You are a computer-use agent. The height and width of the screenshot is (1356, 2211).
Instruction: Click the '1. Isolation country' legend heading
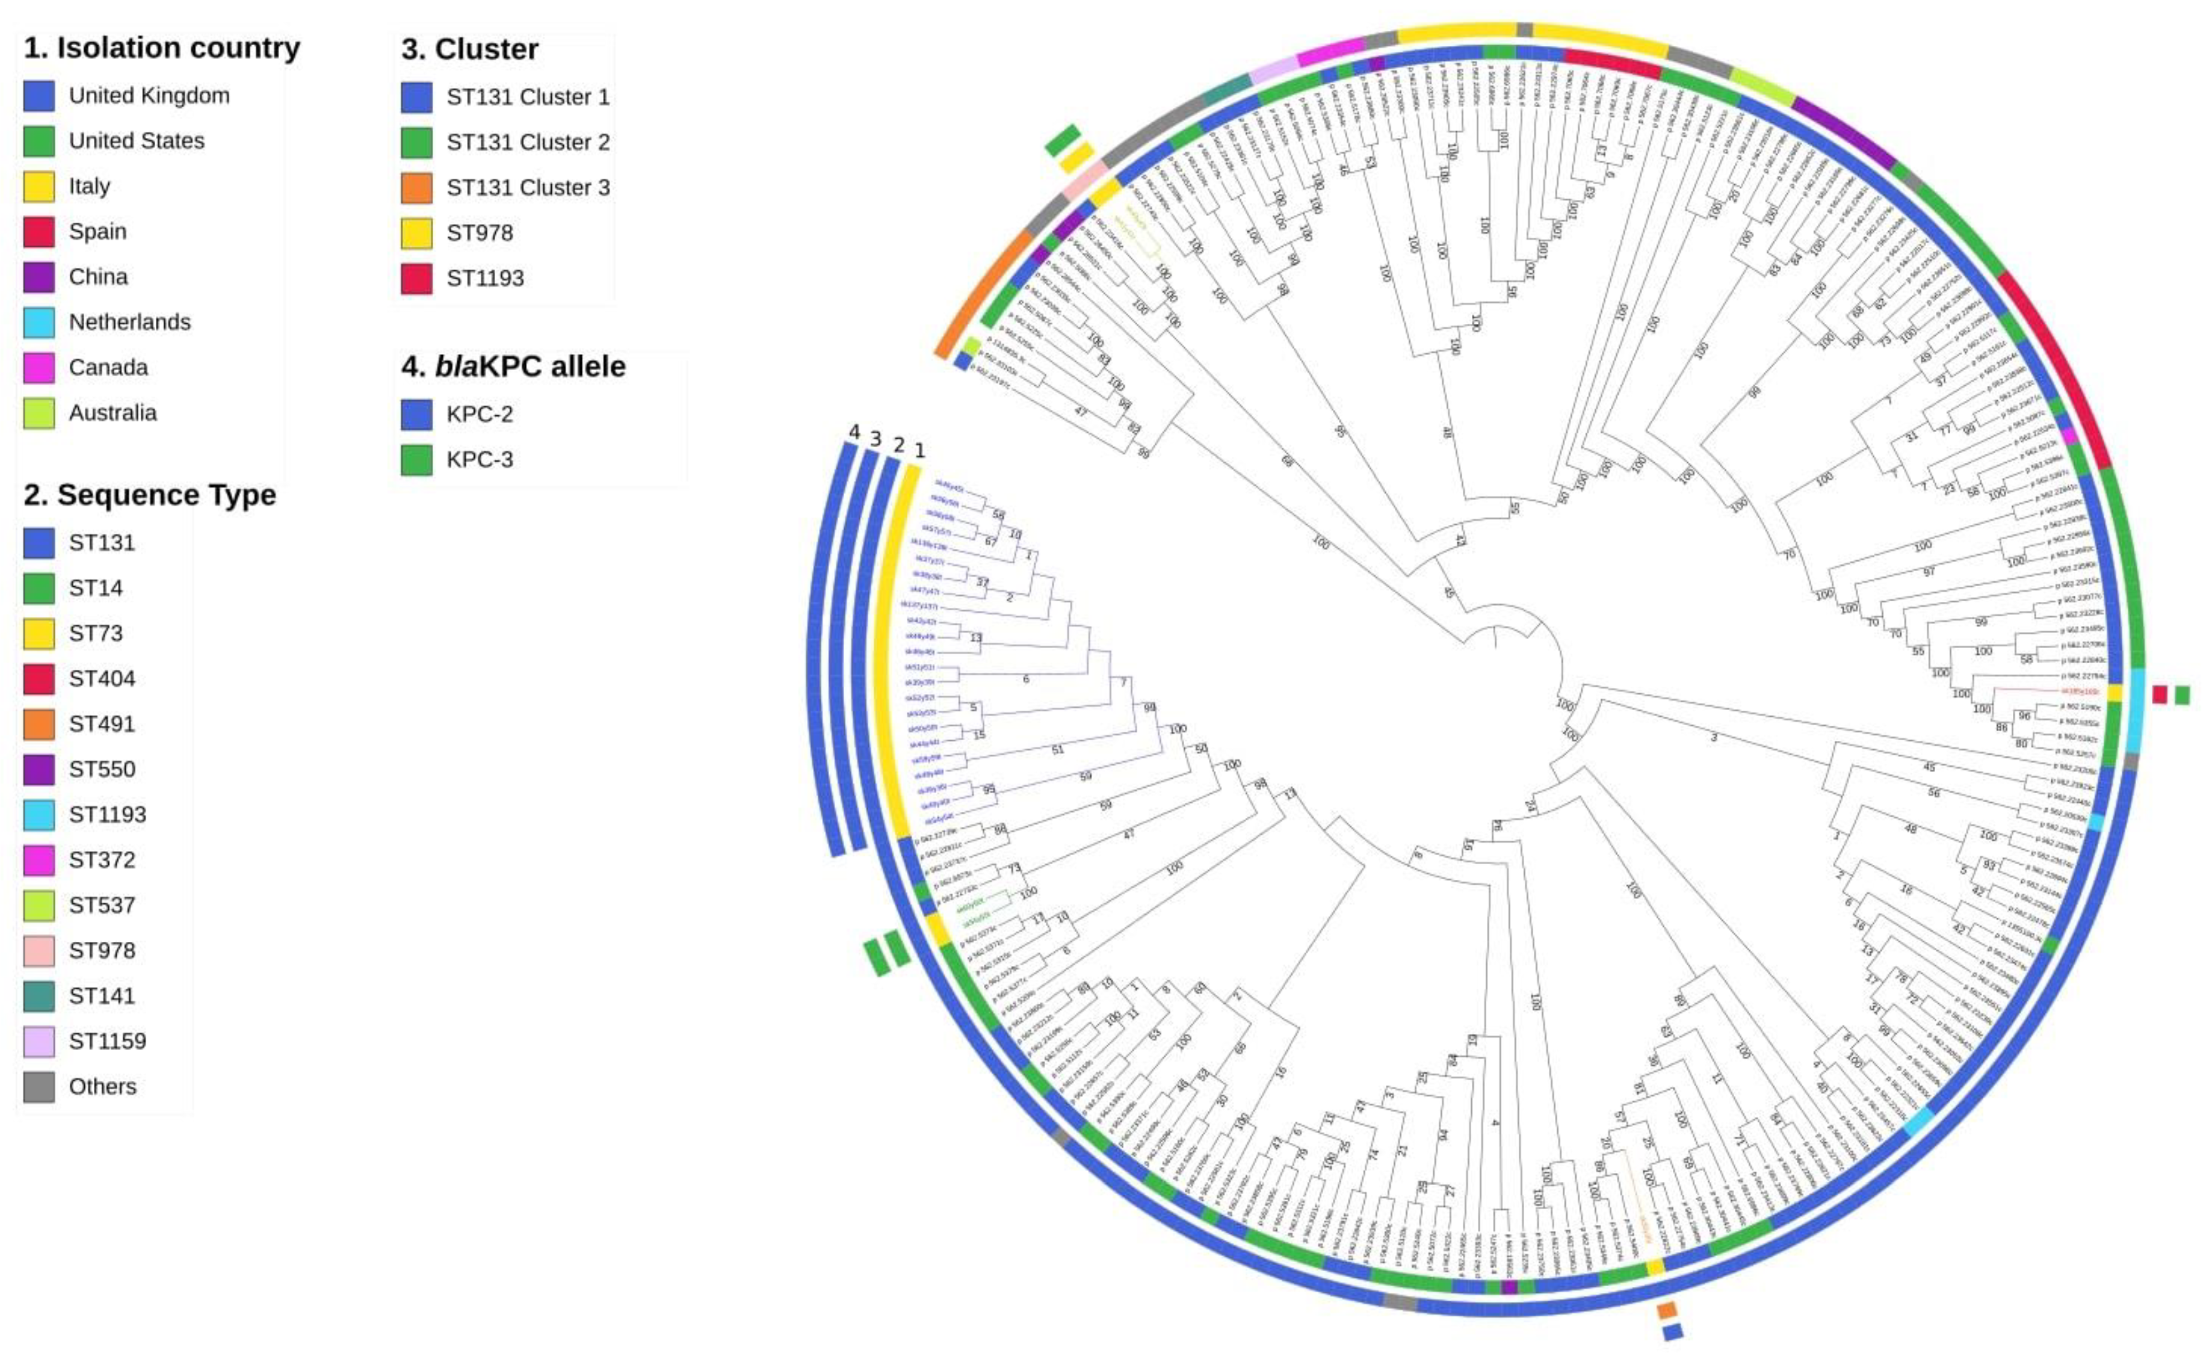coord(161,47)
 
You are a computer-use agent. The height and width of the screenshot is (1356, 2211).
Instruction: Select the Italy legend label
coord(90,186)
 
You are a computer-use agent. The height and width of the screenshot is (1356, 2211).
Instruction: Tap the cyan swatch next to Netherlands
coord(39,322)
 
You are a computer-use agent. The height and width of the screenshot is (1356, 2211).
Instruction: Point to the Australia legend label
coord(112,413)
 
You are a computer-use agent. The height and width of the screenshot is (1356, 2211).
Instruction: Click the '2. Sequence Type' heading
coord(150,495)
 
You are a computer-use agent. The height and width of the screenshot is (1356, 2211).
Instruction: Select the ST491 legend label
coord(102,724)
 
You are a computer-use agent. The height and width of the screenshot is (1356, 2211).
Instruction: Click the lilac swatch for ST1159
coord(39,1042)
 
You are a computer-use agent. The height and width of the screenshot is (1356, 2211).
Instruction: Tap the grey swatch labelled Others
coord(39,1087)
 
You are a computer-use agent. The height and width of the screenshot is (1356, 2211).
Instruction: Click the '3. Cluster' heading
coord(470,49)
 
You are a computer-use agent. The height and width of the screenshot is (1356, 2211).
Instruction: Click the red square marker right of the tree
coord(2160,694)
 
